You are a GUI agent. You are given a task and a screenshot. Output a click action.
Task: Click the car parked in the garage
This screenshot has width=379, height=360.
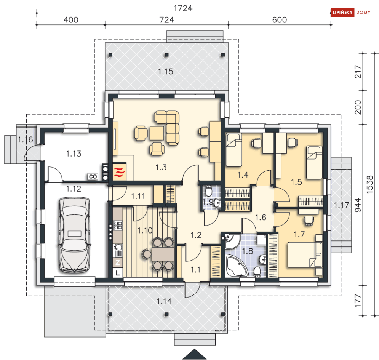(74, 235)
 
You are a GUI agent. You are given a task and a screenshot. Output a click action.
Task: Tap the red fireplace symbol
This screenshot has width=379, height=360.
(119, 171)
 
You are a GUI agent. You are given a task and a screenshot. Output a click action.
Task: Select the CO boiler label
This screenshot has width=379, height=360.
(93, 176)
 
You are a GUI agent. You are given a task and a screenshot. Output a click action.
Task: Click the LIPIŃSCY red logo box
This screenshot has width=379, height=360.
(342, 12)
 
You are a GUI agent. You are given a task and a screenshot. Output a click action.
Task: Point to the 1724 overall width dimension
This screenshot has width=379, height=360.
(183, 8)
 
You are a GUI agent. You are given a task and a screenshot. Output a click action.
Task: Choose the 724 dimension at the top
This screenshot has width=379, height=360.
(166, 19)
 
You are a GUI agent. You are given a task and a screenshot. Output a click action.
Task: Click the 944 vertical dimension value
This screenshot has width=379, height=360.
(358, 205)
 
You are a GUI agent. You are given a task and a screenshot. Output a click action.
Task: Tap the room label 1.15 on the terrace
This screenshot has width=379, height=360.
(166, 72)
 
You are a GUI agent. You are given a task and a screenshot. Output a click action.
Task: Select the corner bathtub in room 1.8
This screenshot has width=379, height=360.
(237, 266)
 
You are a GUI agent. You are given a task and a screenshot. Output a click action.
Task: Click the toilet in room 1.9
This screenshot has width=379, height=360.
(209, 191)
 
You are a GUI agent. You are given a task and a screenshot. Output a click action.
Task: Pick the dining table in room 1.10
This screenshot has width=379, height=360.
(163, 254)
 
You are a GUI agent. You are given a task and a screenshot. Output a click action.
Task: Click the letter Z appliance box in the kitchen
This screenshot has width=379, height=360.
(118, 262)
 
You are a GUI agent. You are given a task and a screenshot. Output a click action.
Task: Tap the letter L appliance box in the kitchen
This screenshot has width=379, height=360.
(118, 273)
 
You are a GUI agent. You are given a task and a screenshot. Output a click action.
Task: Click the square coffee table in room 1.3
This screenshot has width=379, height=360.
(157, 133)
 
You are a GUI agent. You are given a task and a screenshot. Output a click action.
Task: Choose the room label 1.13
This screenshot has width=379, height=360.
(74, 154)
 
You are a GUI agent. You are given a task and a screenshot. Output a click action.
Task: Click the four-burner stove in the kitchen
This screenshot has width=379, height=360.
(118, 225)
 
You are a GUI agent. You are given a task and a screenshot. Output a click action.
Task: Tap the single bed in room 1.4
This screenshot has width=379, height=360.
(234, 150)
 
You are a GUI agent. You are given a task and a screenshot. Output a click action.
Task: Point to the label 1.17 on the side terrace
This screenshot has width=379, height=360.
(341, 205)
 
